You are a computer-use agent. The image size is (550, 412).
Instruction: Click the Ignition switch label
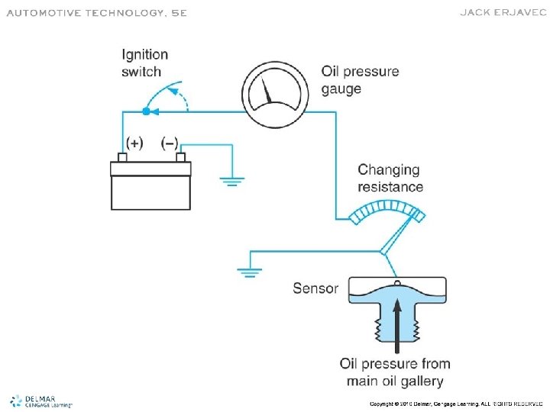point(144,63)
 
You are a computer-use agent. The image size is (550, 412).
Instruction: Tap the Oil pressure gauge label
point(360,80)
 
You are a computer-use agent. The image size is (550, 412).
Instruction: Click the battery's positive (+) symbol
point(134,143)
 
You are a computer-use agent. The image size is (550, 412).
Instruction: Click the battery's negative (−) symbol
point(170,143)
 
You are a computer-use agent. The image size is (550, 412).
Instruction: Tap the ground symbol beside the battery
point(231,182)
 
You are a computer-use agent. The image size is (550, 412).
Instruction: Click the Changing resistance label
point(390,178)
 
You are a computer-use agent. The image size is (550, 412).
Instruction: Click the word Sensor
point(315,288)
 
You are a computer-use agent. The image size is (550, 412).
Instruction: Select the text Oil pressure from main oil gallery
point(395,372)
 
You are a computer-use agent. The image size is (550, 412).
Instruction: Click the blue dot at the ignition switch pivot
point(145,111)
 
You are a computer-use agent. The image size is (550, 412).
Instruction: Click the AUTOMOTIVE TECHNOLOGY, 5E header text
point(97,13)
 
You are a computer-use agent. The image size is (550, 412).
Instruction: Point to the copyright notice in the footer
point(456,403)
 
